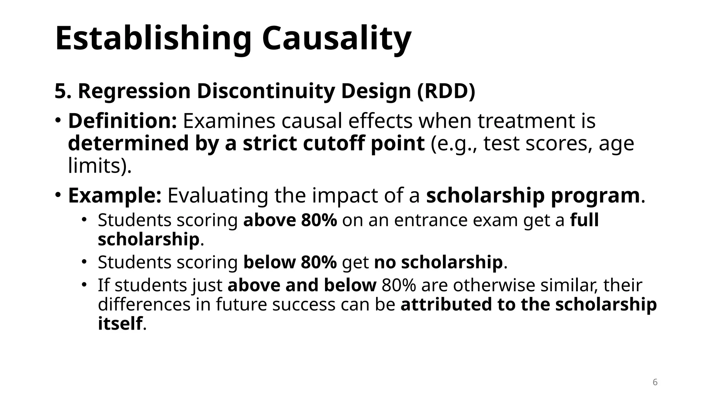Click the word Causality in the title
337,38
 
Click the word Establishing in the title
153,38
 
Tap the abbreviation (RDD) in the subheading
446,91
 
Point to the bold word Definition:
123,121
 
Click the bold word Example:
115,195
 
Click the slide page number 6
655,382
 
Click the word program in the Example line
595,195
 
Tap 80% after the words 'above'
319,220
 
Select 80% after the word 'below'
319,262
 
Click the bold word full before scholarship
584,220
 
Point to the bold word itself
120,323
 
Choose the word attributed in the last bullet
446,304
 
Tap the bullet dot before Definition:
58,120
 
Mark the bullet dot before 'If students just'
84,285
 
